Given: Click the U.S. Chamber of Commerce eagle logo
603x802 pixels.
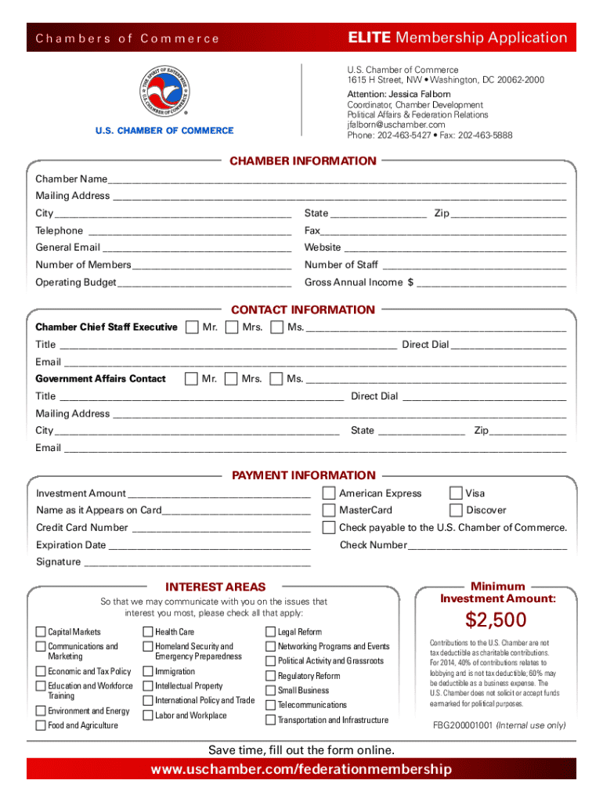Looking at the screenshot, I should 164,88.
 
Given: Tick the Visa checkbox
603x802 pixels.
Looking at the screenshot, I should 455,493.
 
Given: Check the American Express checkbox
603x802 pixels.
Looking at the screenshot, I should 330,493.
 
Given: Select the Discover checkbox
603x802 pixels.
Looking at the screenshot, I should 455,510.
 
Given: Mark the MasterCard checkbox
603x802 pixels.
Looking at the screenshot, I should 330,510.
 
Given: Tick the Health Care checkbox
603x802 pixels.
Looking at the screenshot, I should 148,632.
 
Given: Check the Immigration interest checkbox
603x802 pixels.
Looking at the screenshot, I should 148,671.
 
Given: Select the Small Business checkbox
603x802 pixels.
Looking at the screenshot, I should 271,690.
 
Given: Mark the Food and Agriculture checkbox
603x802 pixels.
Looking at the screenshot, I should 41,725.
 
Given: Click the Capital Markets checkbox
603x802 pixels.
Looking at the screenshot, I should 41,632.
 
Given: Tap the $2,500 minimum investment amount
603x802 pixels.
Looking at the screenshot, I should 496,620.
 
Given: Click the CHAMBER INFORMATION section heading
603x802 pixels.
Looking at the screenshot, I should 302,161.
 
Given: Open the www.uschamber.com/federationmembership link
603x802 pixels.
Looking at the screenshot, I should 301,769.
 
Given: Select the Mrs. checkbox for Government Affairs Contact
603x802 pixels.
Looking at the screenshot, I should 231,379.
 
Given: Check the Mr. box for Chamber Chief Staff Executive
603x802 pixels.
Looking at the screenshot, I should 192,327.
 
